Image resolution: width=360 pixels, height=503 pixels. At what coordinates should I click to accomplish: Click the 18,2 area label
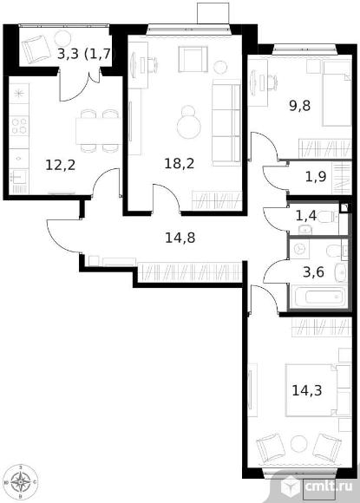click(180, 164)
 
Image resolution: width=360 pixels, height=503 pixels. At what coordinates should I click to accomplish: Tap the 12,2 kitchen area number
click(61, 165)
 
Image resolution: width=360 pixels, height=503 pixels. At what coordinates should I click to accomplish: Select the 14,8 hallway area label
click(180, 238)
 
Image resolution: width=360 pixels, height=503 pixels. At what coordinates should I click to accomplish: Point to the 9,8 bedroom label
click(299, 105)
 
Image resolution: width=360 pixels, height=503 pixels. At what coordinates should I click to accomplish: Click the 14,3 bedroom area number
click(307, 390)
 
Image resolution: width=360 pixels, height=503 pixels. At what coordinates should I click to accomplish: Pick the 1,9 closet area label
click(316, 176)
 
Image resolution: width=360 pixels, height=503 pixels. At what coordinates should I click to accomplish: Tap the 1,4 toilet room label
click(306, 216)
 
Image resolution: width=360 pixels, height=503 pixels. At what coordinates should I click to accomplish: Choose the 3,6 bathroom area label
click(313, 272)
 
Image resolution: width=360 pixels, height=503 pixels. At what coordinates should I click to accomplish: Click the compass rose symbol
click(21, 482)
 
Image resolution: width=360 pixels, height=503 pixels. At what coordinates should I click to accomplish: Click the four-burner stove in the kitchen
click(19, 126)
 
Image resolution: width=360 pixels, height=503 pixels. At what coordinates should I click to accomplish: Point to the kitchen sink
click(19, 178)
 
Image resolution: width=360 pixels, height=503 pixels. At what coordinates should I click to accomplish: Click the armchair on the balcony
click(36, 49)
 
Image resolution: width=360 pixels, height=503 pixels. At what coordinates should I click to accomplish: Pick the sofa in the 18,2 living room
click(226, 122)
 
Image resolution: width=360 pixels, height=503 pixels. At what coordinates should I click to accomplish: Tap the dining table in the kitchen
click(99, 131)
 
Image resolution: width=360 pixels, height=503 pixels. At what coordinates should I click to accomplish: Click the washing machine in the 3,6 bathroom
click(299, 250)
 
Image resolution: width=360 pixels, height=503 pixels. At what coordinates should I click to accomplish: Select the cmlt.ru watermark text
click(328, 486)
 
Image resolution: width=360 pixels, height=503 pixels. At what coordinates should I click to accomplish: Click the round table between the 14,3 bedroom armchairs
click(299, 444)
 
